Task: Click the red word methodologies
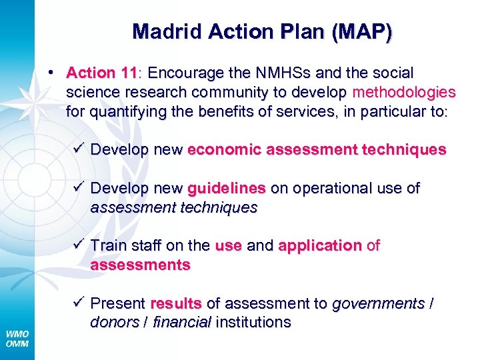404,91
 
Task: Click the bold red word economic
225,150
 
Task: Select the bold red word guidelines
226,189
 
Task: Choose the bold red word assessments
140,265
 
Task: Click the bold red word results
176,304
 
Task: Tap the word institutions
253,323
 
